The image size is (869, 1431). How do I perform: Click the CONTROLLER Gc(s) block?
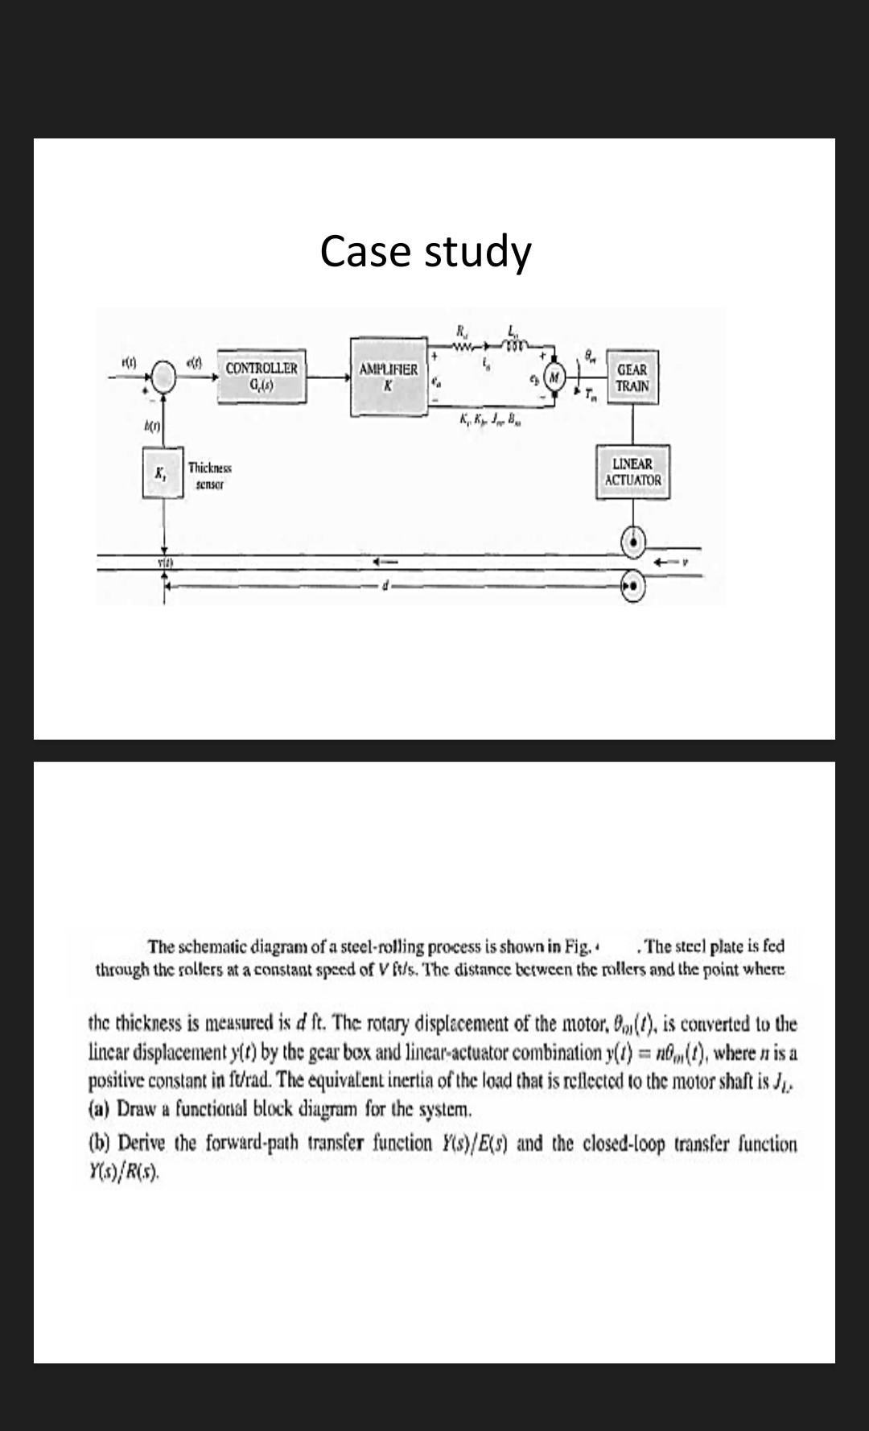pos(262,376)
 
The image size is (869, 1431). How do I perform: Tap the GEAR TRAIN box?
pos(632,377)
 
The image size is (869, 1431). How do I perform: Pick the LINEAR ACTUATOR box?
pos(632,472)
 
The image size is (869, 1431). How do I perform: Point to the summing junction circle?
pos(164,375)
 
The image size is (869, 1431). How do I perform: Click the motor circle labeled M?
pos(555,377)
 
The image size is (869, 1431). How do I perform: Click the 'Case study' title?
pos(426,251)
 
